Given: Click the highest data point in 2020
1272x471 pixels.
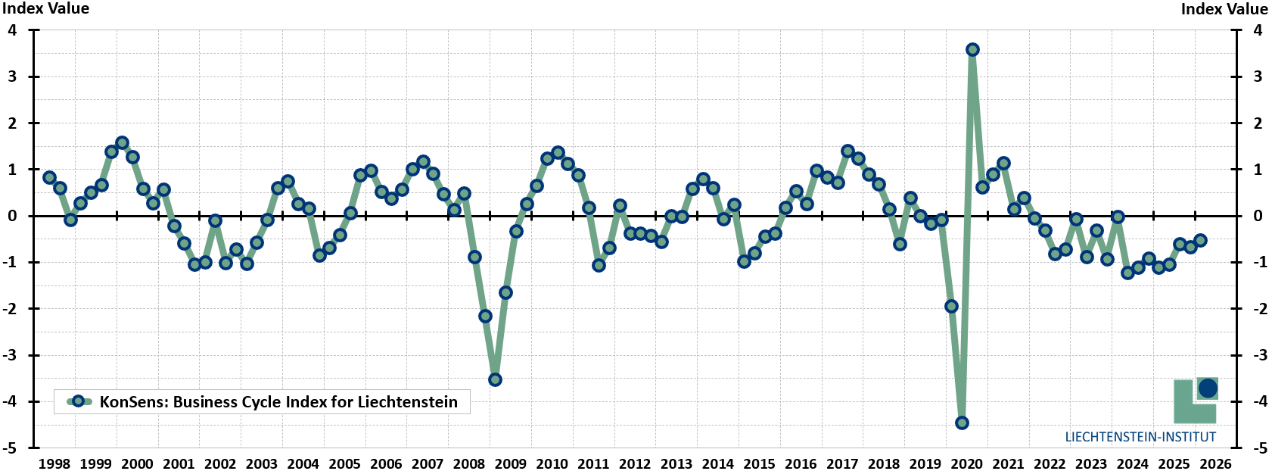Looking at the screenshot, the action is pyautogui.click(x=972, y=49).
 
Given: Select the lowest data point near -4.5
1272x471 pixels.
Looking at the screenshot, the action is pyautogui.click(x=962, y=423).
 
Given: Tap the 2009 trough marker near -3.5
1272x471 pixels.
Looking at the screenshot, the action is pyautogui.click(x=495, y=379).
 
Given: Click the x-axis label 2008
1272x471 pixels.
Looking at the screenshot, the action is pyautogui.click(x=469, y=463).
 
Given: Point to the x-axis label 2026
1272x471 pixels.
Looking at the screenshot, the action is pyautogui.click(x=1215, y=463).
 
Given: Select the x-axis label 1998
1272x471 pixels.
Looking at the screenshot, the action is pyautogui.click(x=54, y=463).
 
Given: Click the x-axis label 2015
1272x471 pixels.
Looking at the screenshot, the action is pyautogui.click(x=759, y=463).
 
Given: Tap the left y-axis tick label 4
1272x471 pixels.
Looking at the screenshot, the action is pyautogui.click(x=13, y=30).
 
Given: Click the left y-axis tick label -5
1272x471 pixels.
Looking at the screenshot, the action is pyautogui.click(x=10, y=448).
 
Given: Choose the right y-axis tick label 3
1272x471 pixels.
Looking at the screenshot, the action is pyautogui.click(x=1258, y=76).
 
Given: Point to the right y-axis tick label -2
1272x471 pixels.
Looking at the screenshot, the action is pyautogui.click(x=1260, y=309).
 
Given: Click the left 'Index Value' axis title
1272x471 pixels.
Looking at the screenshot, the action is pyautogui.click(x=46, y=8).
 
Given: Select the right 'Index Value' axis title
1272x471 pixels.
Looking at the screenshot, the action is pyautogui.click(x=1224, y=8).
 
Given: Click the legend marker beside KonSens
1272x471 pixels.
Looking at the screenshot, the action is pyautogui.click(x=79, y=401).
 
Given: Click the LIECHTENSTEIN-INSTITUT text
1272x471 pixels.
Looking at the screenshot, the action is pyautogui.click(x=1140, y=437).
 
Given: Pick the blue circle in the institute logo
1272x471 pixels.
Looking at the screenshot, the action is pyautogui.click(x=1207, y=388).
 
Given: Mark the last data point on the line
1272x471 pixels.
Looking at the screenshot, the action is pyautogui.click(x=1200, y=240).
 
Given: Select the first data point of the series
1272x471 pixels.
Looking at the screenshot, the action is pyautogui.click(x=49, y=177).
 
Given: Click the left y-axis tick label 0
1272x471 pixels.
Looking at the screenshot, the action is pyautogui.click(x=13, y=216).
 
